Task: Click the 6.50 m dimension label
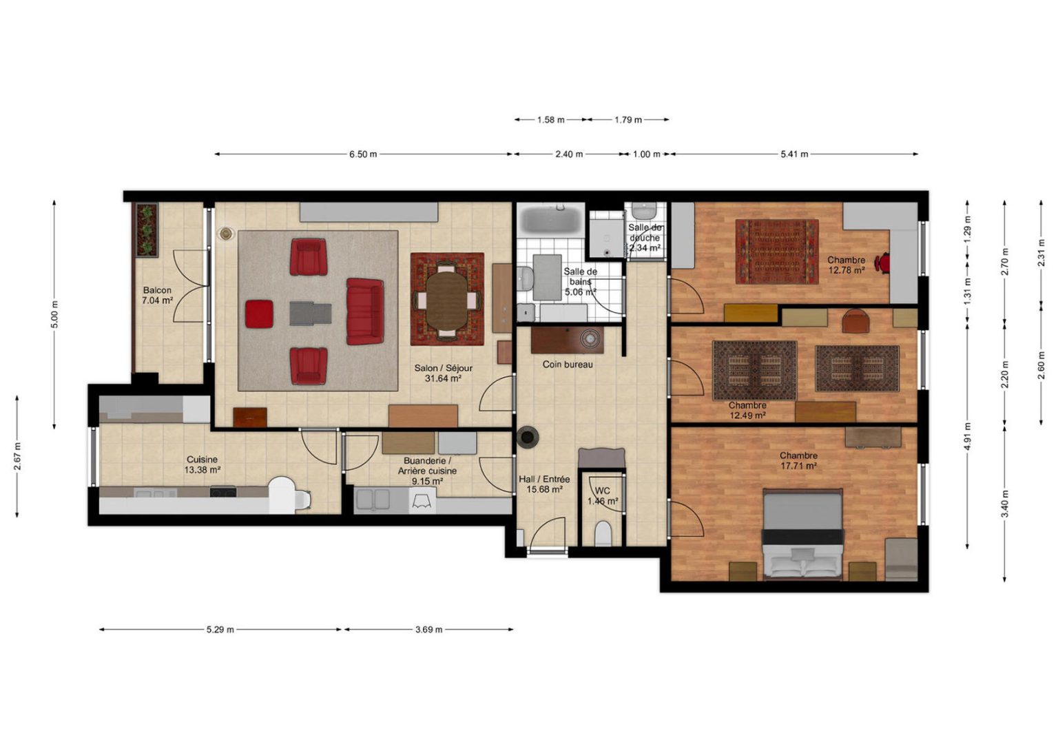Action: point(363,154)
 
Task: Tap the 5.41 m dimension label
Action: point(794,154)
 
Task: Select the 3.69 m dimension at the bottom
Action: point(429,629)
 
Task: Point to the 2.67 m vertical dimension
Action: point(17,456)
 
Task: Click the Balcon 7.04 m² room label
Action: point(157,296)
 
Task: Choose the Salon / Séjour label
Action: point(443,368)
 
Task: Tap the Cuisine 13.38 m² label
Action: point(202,464)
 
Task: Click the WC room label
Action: point(602,491)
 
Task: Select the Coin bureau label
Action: point(568,365)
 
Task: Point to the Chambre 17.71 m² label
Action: point(798,461)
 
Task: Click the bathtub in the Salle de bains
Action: point(551,220)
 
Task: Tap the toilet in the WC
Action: point(603,533)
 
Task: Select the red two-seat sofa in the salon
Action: point(364,311)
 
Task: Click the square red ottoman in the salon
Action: point(259,314)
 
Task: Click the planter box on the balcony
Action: point(147,230)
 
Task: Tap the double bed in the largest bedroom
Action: point(803,535)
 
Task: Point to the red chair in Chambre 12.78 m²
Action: point(882,263)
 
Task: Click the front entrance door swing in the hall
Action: point(547,533)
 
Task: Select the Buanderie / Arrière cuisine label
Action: point(427,471)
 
